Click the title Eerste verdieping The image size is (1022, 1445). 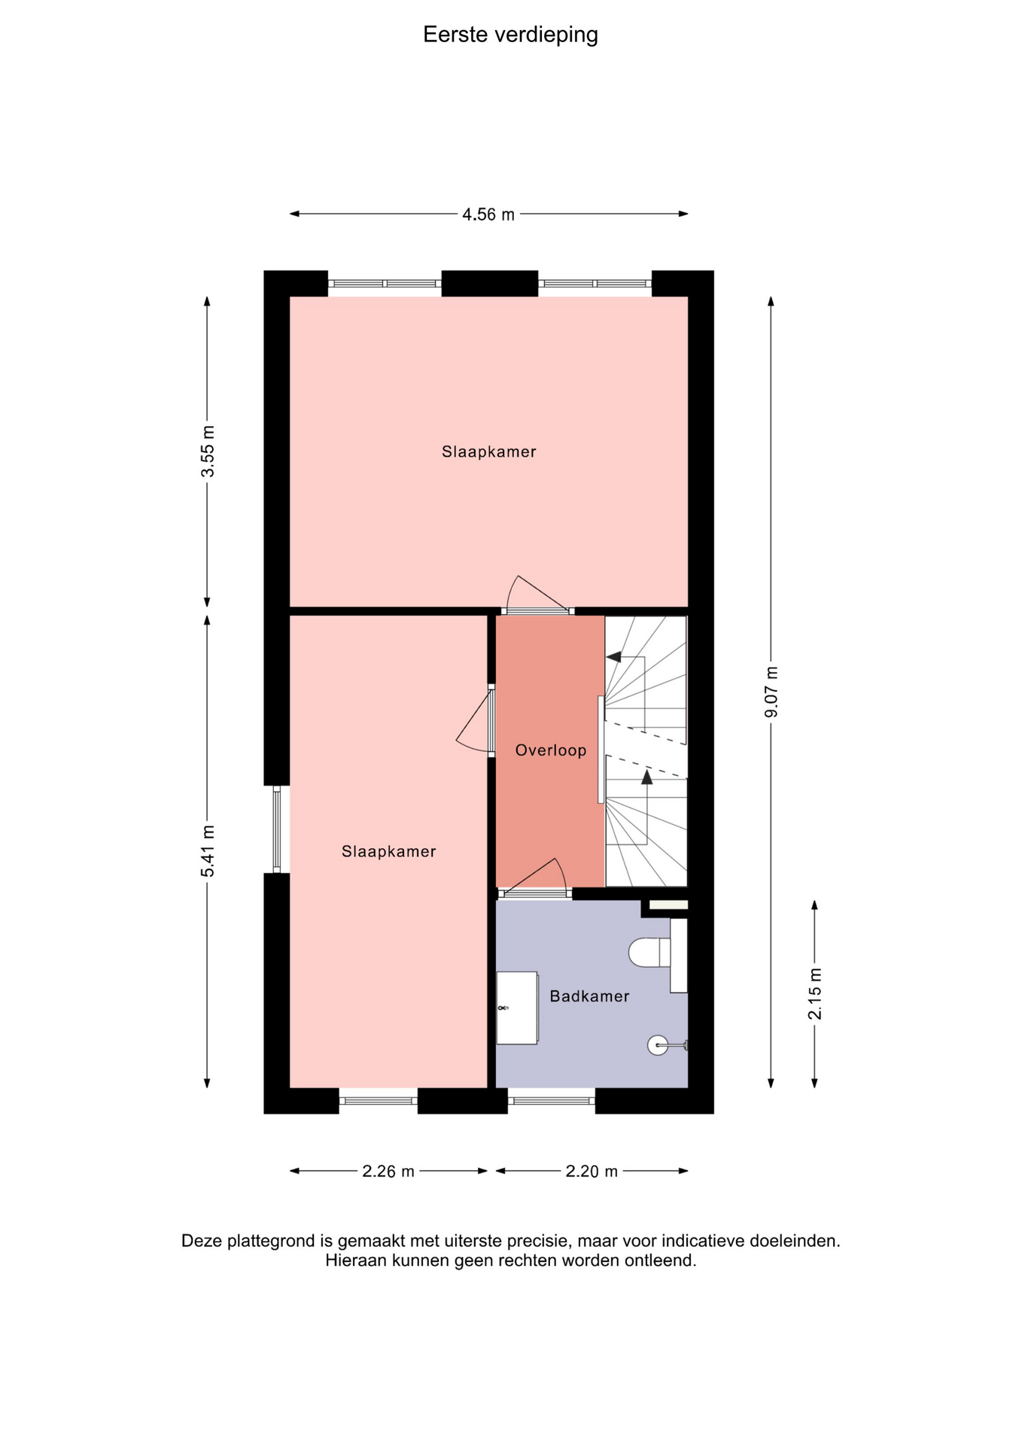click(510, 35)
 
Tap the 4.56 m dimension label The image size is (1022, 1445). click(488, 214)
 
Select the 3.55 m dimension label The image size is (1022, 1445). click(208, 451)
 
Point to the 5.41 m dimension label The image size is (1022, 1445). click(208, 850)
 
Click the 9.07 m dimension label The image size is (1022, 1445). click(771, 692)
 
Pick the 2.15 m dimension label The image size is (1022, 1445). click(815, 993)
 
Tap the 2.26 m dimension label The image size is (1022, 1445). click(388, 1171)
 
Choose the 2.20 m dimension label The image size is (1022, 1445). click(592, 1171)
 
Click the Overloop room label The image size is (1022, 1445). click(550, 750)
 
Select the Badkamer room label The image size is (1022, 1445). click(589, 996)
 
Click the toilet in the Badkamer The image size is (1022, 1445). click(649, 952)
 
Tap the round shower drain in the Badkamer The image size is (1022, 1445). click(658, 1045)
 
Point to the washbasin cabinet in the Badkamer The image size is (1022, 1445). click(517, 1008)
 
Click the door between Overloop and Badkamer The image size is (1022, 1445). click(534, 881)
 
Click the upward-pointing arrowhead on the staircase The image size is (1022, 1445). click(646, 777)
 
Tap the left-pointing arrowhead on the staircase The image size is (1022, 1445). click(613, 657)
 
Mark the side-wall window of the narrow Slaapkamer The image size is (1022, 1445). click(277, 829)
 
